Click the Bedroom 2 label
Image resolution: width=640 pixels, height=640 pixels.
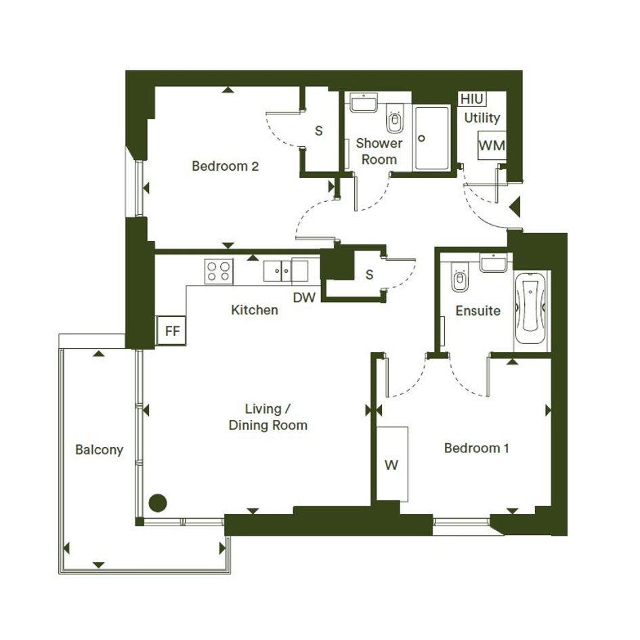coord(226,166)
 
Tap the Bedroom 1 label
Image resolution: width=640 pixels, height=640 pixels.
coord(476,448)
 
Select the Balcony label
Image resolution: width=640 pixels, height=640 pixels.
coord(99,450)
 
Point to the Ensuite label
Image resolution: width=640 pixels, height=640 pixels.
coord(478,311)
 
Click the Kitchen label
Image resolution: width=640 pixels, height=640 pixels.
coord(254,310)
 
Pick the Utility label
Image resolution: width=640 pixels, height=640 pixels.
coord(482,118)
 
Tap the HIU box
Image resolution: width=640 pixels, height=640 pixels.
coord(472,99)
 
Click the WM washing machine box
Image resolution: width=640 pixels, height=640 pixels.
coord(492,146)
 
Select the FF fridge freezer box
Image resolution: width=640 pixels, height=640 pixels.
coord(171,330)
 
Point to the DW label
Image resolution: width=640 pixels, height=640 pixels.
coord(305,297)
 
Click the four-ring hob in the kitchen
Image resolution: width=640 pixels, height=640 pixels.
coord(218,272)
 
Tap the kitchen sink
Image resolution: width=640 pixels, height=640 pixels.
coord(278,271)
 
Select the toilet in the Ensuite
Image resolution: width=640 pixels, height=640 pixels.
coord(460,277)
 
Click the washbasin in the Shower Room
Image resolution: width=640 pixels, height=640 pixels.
coord(364,102)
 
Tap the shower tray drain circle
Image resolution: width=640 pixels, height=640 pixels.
coord(422,138)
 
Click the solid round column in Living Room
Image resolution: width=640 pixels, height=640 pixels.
coord(158,503)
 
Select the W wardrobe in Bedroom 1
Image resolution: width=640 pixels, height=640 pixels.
coord(392,464)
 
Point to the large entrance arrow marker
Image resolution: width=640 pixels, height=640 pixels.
coord(515,206)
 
